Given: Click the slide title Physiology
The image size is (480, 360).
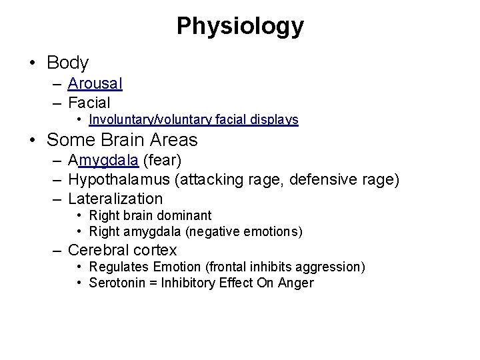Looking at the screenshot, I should click(x=240, y=26).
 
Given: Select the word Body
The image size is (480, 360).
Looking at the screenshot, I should click(x=68, y=63).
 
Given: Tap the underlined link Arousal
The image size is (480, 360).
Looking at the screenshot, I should click(x=95, y=84).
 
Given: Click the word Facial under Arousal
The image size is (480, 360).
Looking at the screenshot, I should click(x=89, y=103).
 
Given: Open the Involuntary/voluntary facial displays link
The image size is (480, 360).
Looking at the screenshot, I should click(x=193, y=121).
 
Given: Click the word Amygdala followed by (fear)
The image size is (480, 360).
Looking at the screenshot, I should click(x=103, y=161).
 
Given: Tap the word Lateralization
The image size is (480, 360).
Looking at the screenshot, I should click(x=115, y=199).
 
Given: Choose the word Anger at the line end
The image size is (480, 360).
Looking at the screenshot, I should click(x=298, y=283).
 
